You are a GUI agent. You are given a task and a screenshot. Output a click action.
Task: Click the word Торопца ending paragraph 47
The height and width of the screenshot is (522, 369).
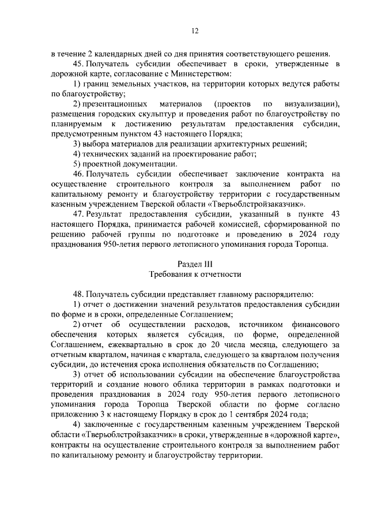tap(311, 244)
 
